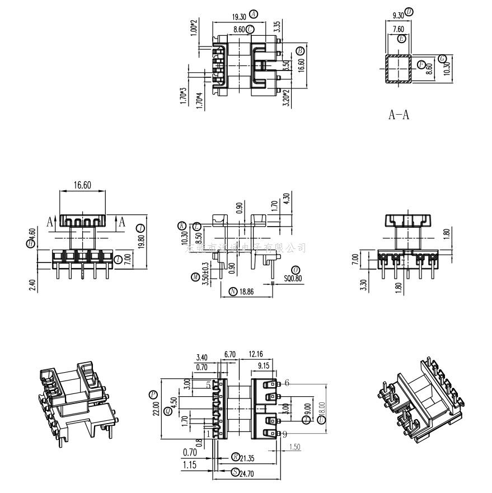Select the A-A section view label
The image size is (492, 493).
(399, 115)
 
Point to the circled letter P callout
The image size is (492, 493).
(153, 394)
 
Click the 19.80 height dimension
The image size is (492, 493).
(141, 245)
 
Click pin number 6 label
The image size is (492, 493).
(287, 383)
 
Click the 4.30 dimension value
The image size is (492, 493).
(287, 199)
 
